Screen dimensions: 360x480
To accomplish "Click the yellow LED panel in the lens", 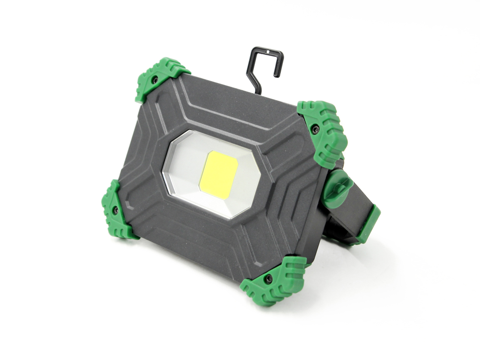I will (x=218, y=175).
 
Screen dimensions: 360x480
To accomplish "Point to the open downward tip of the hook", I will (x=276, y=74).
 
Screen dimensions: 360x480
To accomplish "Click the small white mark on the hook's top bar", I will (x=267, y=50).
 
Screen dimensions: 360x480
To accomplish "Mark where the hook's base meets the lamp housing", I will (x=259, y=92).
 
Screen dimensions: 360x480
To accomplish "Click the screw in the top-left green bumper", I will (x=155, y=80).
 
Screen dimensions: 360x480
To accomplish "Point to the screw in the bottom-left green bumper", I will (x=116, y=210).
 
